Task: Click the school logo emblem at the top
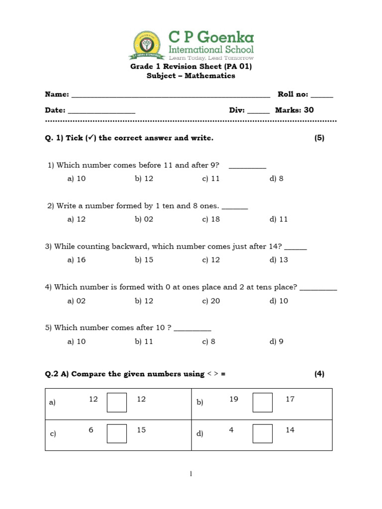(x=146, y=45)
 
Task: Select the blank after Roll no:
(x=322, y=95)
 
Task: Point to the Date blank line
(x=101, y=111)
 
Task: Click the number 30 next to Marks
(x=309, y=110)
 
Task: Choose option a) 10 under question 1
(x=77, y=179)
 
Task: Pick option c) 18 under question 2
(x=211, y=219)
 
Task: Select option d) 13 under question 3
(x=279, y=260)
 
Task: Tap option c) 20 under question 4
(x=211, y=301)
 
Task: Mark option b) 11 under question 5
(x=144, y=341)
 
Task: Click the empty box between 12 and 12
(x=117, y=402)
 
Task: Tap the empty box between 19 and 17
(x=262, y=402)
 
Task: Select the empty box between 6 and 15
(x=117, y=433)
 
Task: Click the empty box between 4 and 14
(x=262, y=433)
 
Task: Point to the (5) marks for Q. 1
(x=319, y=138)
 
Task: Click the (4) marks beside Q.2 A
(x=319, y=374)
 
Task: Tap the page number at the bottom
(x=191, y=474)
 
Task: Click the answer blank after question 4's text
(x=319, y=288)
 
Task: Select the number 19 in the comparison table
(x=234, y=399)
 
